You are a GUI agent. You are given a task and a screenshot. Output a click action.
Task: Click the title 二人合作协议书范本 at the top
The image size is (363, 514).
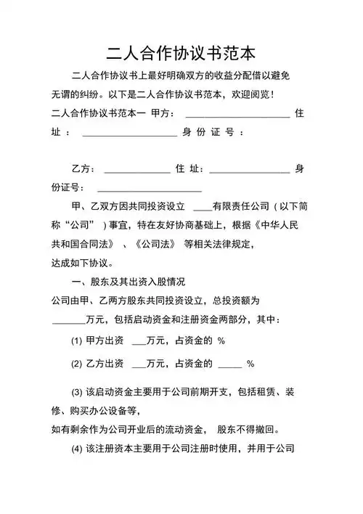coord(181,53)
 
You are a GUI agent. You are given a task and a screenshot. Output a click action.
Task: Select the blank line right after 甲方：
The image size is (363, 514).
coord(238,115)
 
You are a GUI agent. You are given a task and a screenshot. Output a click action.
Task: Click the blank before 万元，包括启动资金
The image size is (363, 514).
coord(69,321)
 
